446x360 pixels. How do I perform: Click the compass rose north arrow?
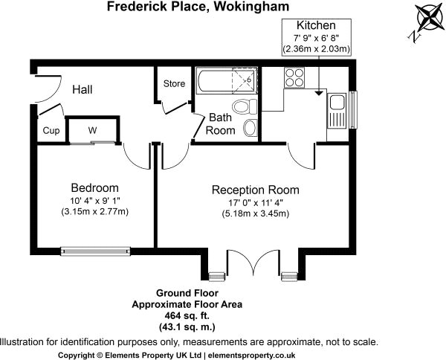(424, 18)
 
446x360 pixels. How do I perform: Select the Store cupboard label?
(174, 83)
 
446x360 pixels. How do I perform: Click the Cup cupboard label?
(51, 131)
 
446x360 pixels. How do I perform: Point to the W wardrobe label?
(93, 130)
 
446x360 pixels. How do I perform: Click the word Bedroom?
(94, 187)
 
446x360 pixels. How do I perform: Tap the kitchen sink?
(337, 109)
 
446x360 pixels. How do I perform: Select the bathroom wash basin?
(249, 128)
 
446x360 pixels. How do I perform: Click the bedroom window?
(95, 249)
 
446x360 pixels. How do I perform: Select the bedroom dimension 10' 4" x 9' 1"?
(94, 201)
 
